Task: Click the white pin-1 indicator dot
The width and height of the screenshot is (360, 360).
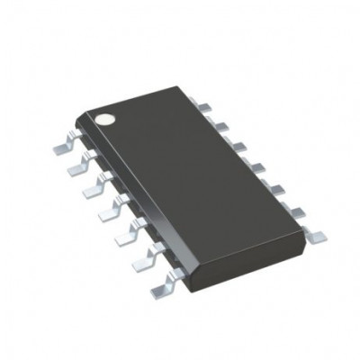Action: tap(105, 117)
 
